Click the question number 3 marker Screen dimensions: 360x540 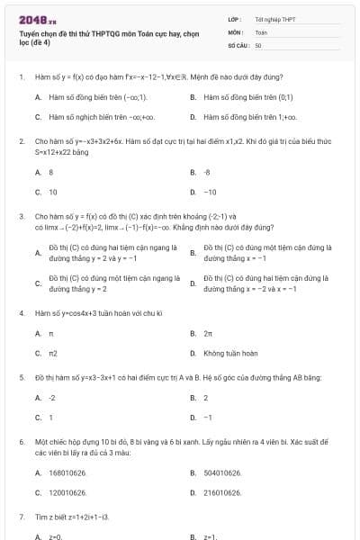[x=21, y=216]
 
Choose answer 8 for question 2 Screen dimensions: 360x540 [x=51, y=171]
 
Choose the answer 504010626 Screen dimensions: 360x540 [x=222, y=472]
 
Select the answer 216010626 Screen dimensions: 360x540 [x=222, y=492]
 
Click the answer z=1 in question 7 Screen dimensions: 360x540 [x=211, y=535]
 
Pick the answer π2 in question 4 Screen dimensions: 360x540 [x=53, y=354]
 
